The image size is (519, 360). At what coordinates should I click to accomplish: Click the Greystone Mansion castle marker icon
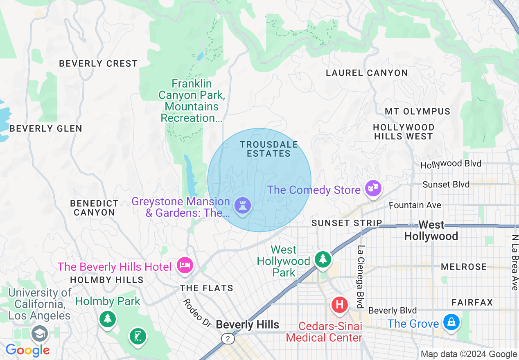click(x=243, y=205)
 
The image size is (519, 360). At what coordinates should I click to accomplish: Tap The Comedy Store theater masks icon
click(x=374, y=188)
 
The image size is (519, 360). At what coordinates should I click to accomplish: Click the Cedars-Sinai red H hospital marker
click(x=339, y=305)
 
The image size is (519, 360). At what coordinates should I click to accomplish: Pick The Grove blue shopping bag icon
click(x=451, y=322)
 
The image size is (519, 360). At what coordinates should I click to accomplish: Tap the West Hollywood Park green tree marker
click(x=323, y=259)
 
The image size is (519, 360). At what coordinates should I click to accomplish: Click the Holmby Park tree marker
click(x=107, y=318)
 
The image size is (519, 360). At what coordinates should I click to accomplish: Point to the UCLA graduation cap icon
click(x=40, y=333)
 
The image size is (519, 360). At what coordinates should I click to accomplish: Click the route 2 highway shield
click(x=227, y=338)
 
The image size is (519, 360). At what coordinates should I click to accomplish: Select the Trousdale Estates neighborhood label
click(x=269, y=149)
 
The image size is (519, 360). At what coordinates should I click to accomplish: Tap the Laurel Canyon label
click(x=367, y=73)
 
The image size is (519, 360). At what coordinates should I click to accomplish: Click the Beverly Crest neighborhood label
click(x=98, y=63)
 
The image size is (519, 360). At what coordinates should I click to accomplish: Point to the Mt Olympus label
click(x=417, y=111)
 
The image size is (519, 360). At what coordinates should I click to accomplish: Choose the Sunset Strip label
click(x=347, y=223)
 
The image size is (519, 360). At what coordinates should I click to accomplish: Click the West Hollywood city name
click(x=431, y=231)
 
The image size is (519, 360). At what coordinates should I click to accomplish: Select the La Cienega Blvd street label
click(x=361, y=277)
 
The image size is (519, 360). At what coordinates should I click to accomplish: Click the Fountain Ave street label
click(x=415, y=205)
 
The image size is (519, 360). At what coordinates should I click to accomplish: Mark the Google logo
click(x=27, y=350)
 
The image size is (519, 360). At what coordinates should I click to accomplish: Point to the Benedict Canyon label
click(x=94, y=208)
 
